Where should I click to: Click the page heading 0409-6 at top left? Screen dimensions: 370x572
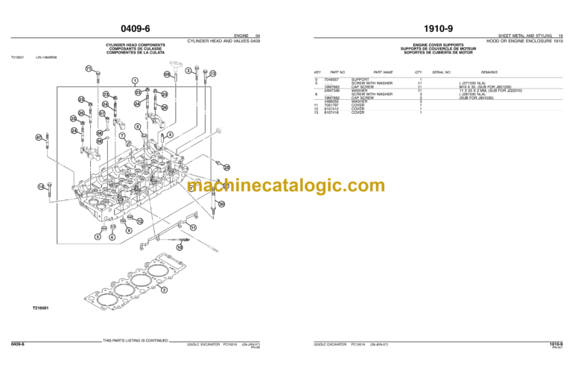pyautogui.click(x=143, y=29)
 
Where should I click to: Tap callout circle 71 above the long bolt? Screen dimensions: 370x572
pyautogui.click(x=88, y=68)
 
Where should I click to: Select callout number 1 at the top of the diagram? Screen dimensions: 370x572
pyautogui.click(x=134, y=80)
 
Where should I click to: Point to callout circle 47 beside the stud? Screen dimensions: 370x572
pyautogui.click(x=39, y=138)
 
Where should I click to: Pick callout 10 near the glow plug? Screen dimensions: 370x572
pyautogui.click(x=179, y=246)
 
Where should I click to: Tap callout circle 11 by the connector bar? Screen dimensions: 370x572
pyautogui.click(x=193, y=227)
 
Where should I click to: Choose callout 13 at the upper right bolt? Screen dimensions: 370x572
pyautogui.click(x=212, y=74)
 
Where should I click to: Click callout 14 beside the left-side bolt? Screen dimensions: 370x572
pyautogui.click(x=41, y=186)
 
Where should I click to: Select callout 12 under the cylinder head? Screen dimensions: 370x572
pyautogui.click(x=139, y=221)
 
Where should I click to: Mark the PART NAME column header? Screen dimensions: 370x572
pyautogui.click(x=383, y=72)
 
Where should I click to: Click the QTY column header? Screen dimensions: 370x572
pyautogui.click(x=418, y=72)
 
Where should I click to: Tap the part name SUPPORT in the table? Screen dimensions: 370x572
pyautogui.click(x=360, y=79)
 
